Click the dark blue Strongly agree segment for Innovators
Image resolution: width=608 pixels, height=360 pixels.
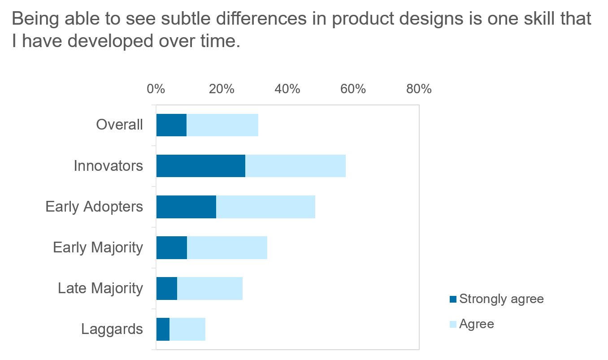(x=200, y=166)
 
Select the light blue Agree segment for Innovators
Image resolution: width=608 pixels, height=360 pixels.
(x=295, y=166)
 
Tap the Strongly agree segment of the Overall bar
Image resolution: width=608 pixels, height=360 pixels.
(x=171, y=125)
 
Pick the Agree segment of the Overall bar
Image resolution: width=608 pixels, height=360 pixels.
(x=222, y=125)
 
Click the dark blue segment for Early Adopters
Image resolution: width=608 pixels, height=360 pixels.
(x=186, y=207)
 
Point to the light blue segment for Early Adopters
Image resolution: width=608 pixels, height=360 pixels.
(x=265, y=207)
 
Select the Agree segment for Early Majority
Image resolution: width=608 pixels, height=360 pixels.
(x=227, y=247)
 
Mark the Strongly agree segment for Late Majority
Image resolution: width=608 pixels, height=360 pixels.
(x=167, y=288)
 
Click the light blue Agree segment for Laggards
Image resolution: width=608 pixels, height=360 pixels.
(x=187, y=329)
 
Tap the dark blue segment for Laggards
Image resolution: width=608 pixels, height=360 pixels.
(x=163, y=329)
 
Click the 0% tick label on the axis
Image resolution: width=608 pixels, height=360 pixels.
(x=156, y=89)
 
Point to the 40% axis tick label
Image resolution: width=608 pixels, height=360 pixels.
(x=287, y=89)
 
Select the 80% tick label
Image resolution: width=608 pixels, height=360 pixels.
(x=419, y=89)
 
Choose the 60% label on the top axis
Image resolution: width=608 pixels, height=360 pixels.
(x=353, y=89)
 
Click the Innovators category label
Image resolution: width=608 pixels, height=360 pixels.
(x=109, y=166)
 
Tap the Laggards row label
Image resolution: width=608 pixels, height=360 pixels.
(x=112, y=330)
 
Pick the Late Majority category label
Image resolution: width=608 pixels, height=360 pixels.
(x=100, y=288)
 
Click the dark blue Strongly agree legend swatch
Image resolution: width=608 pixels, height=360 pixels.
(x=453, y=299)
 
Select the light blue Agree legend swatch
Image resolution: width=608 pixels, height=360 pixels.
(x=453, y=324)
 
